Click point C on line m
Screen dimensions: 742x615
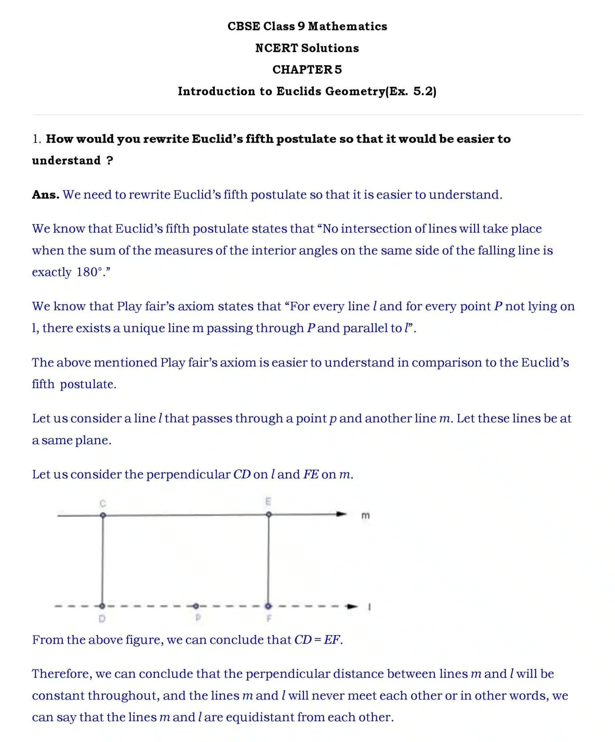[x=103, y=515]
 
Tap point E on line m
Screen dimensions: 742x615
[x=269, y=514]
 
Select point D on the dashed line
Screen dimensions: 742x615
[x=102, y=606]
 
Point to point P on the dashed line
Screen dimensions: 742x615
[x=196, y=606]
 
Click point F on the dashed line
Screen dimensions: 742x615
[x=268, y=606]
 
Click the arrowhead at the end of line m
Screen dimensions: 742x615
[x=341, y=514]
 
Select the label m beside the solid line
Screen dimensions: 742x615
[x=366, y=516]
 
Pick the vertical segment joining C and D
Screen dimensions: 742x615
[x=103, y=560]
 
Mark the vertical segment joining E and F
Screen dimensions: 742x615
[x=269, y=560]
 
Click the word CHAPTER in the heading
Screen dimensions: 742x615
[x=302, y=70]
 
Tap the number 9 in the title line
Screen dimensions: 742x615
[x=301, y=26]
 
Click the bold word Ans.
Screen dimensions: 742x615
[x=46, y=195]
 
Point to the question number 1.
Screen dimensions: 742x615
[x=36, y=139]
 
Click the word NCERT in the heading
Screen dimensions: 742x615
[x=276, y=48]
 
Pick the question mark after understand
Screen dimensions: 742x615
[x=110, y=161]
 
